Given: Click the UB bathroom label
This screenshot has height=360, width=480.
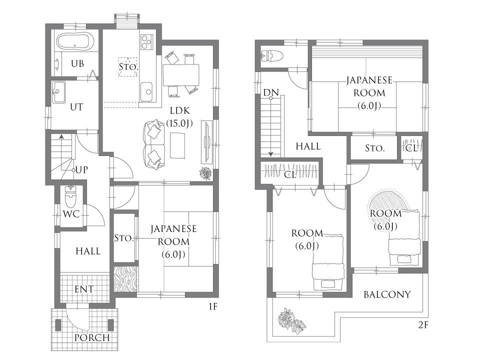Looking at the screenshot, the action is point(77,63).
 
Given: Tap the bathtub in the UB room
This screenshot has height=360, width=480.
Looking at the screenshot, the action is point(75,41).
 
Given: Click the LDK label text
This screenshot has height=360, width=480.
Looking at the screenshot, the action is point(180,111).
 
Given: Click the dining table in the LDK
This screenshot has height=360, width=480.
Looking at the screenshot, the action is point(181,75).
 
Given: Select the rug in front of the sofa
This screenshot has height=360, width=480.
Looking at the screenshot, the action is point(177,145).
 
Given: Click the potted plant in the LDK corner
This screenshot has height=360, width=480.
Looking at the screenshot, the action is point(205,173).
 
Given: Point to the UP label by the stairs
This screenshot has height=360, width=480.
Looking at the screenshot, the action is point(81,169).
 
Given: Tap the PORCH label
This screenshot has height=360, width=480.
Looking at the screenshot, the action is point(92,337).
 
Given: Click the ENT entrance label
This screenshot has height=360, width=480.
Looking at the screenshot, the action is point(84,289).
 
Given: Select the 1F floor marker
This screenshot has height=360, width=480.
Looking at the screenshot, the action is point(213,306).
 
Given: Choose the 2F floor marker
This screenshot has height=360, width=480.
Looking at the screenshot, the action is point(423,325).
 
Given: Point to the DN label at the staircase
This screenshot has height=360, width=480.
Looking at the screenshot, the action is point(271,92).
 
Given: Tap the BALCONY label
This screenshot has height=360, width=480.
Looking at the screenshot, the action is point(387,294).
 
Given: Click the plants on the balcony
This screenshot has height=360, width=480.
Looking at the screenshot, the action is point(291,321).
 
